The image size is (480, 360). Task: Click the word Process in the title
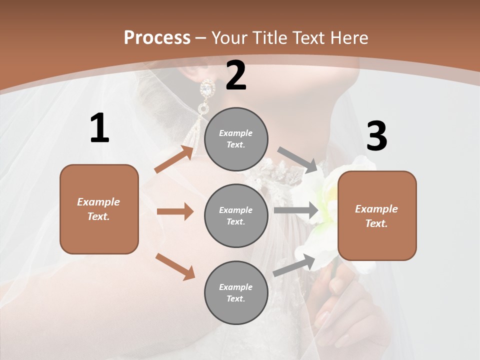point(157,37)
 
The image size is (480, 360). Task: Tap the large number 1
point(99,128)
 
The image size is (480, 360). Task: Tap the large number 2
point(236,75)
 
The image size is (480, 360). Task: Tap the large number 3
point(376,136)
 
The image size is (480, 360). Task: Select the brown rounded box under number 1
point(99,209)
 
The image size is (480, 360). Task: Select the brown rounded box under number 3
point(377,215)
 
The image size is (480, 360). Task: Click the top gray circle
point(236,139)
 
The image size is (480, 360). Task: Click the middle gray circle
point(236,215)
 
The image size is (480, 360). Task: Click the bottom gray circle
point(236,292)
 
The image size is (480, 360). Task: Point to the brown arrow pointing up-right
point(174,159)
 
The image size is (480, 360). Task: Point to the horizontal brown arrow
point(175,211)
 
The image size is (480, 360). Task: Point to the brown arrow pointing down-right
point(175,266)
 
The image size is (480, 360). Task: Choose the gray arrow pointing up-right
point(294,265)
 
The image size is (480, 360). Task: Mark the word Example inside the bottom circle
point(236,287)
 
